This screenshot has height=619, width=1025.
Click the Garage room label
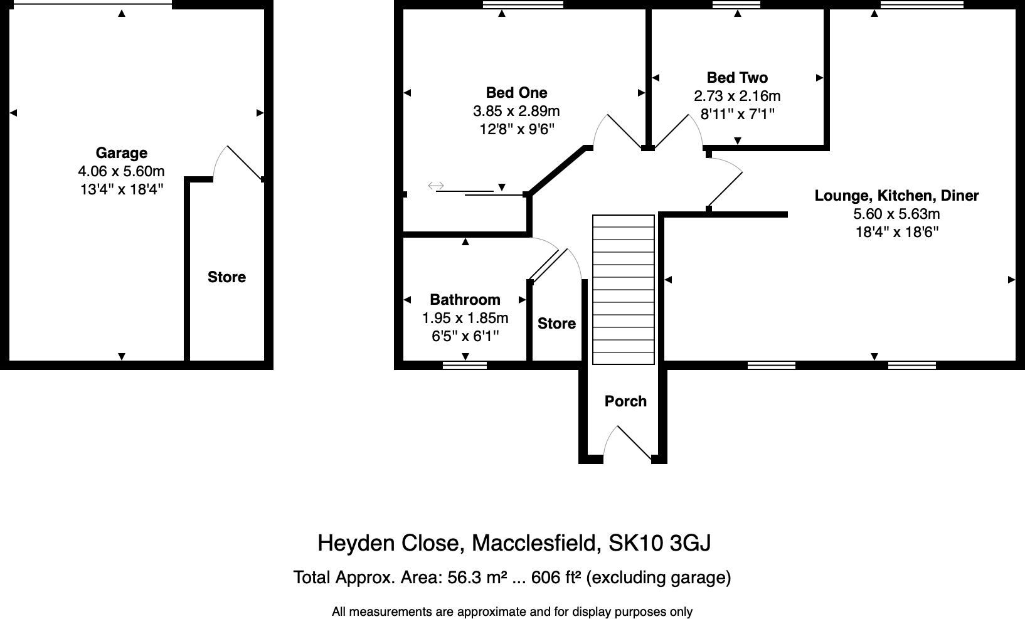tap(121, 153)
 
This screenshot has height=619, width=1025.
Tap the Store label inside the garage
tap(226, 277)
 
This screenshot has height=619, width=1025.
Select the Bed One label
tap(516, 93)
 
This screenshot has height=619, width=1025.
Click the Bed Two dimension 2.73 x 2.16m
tap(737, 96)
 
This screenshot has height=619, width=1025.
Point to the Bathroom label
tap(465, 300)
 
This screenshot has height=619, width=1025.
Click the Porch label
tap(625, 401)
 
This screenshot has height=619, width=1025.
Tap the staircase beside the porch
tap(624, 289)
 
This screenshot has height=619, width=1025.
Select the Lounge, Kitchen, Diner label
tap(896, 196)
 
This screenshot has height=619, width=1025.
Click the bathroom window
tap(465, 364)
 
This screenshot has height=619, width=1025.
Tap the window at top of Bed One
tap(523, 4)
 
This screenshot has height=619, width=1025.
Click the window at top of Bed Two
tap(736, 4)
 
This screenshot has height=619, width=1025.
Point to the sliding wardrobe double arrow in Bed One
tap(436, 186)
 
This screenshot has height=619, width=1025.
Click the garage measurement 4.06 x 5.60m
tap(121, 171)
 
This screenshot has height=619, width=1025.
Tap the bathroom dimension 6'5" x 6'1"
tap(465, 336)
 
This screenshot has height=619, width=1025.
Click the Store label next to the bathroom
tap(556, 324)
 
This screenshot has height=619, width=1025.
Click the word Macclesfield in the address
tap(534, 542)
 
